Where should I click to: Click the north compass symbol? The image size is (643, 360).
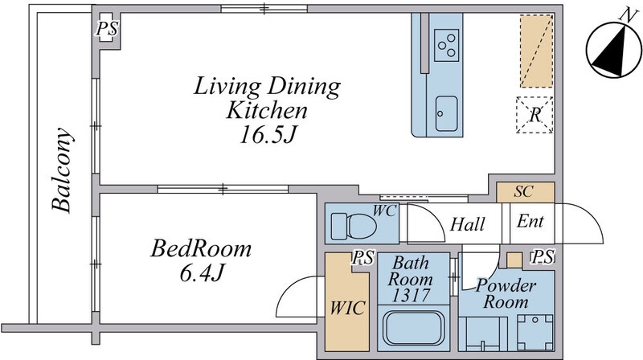point(613,47)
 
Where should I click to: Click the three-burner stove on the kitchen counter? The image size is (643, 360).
point(446,45)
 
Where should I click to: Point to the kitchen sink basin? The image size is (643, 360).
point(446,113)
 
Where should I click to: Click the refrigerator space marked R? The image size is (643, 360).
point(534,115)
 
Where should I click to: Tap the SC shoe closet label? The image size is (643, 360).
point(524,191)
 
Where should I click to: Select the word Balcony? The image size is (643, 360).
point(62,170)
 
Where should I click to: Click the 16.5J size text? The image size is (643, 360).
point(267,134)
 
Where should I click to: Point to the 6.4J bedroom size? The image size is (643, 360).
point(202,272)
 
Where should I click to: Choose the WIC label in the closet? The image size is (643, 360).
point(347,308)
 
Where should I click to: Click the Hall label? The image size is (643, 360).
point(468,224)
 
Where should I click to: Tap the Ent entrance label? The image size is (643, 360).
point(530,221)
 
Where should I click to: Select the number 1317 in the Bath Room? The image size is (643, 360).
point(411,295)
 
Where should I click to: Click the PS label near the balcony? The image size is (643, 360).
point(107,29)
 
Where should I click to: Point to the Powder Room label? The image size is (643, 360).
point(506,293)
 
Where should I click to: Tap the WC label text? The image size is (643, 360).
point(384,211)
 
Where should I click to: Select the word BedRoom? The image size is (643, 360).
point(201,248)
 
